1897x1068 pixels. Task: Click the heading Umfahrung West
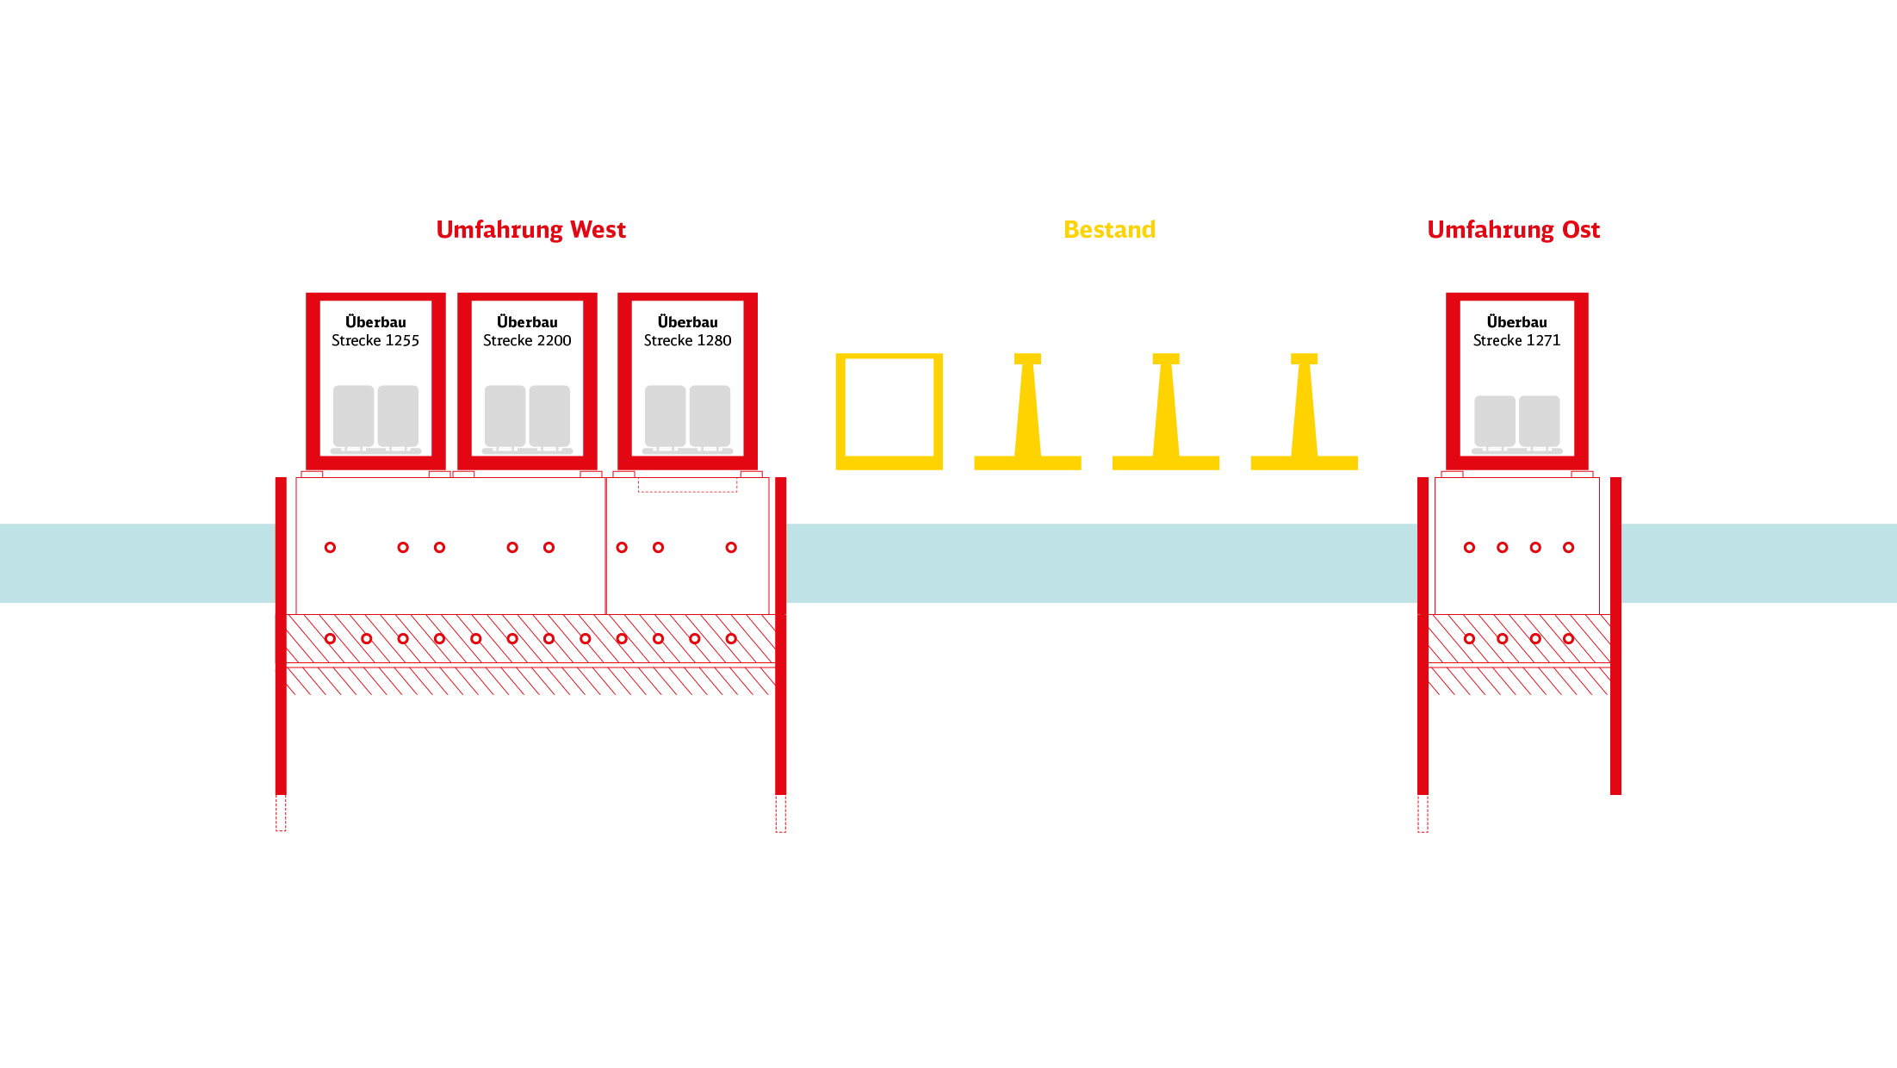pyautogui.click(x=530, y=230)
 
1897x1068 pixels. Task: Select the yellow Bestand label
pyautogui.click(x=1109, y=230)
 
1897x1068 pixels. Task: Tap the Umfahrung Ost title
pyautogui.click(x=1513, y=230)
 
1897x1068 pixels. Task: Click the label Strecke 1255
pyautogui.click(x=375, y=341)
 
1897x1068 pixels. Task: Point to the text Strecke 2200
pyautogui.click(x=527, y=341)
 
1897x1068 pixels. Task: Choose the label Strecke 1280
pyautogui.click(x=687, y=341)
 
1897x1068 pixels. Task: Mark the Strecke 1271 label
pyautogui.click(x=1516, y=341)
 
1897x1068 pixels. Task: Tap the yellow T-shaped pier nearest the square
pyautogui.click(x=1027, y=413)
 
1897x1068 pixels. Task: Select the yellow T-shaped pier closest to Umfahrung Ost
pyautogui.click(x=1304, y=413)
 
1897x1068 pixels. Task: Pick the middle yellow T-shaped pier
pyautogui.click(x=1166, y=413)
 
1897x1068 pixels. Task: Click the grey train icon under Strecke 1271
pyautogui.click(x=1517, y=423)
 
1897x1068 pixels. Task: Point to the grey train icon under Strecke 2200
pyautogui.click(x=527, y=418)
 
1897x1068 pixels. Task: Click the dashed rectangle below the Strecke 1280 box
pyautogui.click(x=687, y=485)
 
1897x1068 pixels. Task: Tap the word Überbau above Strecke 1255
pyautogui.click(x=375, y=322)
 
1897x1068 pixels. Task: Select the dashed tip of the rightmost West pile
pyautogui.click(x=780, y=813)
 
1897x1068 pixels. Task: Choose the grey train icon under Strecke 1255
pyautogui.click(x=375, y=418)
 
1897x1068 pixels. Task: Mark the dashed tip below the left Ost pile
pyautogui.click(x=1423, y=813)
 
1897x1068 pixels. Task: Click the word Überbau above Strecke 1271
pyautogui.click(x=1516, y=322)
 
